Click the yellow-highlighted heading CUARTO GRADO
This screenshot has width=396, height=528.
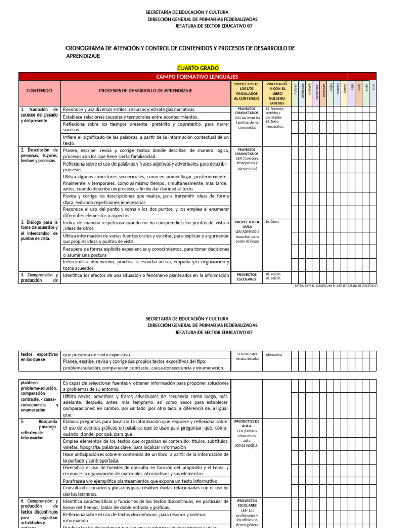click(x=198, y=68)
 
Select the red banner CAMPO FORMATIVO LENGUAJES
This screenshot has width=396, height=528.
click(x=197, y=76)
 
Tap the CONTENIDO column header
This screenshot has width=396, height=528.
click(x=40, y=91)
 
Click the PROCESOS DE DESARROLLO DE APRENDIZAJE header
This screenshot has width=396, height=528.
click(x=145, y=91)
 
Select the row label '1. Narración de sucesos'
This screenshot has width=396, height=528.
click(x=39, y=115)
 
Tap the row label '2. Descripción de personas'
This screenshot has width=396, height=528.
click(x=39, y=155)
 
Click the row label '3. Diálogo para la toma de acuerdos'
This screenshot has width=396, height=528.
click(x=39, y=230)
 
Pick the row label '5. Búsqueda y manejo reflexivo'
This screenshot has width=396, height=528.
click(x=39, y=430)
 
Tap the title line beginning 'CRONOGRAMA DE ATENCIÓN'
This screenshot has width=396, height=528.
click(x=180, y=48)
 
